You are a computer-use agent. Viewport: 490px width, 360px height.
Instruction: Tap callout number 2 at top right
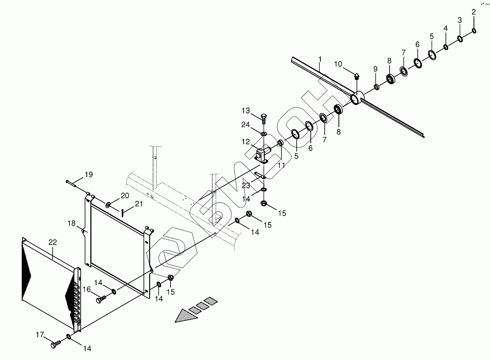[474, 12]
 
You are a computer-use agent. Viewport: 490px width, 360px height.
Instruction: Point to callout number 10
[338, 64]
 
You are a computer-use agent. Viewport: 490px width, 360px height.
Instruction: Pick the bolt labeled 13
[263, 118]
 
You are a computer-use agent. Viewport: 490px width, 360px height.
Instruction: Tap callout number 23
[245, 185]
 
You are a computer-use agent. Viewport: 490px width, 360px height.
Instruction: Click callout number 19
[88, 175]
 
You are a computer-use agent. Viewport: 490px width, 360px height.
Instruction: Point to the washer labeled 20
[109, 205]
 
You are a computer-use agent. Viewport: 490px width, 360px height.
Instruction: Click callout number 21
[139, 204]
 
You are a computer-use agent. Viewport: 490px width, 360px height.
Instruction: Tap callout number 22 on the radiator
[53, 242]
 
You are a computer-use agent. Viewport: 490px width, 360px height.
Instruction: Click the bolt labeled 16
[100, 299]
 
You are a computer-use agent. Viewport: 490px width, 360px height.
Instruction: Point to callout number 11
[281, 165]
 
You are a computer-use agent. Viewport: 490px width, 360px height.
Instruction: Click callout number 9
[375, 69]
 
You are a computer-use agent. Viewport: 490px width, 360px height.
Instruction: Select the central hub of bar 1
[356, 98]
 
